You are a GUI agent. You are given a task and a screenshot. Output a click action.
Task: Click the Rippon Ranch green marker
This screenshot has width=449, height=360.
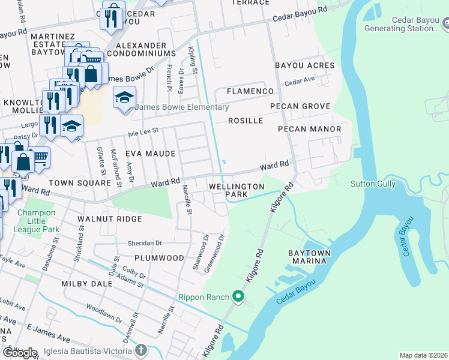[238, 296]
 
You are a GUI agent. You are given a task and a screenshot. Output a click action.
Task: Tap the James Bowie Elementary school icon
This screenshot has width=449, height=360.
[124, 98]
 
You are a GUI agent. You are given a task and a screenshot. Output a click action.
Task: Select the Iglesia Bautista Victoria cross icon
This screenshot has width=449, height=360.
[141, 350]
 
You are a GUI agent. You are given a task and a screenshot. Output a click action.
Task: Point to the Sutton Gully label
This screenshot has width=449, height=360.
[373, 184]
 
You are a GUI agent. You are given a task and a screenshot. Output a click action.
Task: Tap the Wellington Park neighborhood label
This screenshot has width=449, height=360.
[237, 190]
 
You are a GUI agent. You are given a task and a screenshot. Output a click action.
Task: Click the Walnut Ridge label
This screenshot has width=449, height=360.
[110, 219]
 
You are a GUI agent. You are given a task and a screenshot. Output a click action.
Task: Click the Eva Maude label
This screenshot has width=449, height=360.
[151, 154]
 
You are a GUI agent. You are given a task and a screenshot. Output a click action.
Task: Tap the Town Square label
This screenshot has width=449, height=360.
[73, 182]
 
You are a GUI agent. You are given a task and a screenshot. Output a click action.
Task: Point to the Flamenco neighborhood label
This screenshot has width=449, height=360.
[250, 91]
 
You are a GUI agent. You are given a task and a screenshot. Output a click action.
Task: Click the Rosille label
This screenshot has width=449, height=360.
[246, 121]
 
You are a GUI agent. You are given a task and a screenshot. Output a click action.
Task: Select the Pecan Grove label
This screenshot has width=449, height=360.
[300, 106]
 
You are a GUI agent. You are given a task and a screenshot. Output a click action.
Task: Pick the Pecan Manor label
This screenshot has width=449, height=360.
[310, 129]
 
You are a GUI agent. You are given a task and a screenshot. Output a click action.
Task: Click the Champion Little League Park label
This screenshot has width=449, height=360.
[38, 221]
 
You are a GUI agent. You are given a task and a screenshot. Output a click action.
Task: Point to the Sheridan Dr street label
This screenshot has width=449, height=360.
[145, 243]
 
